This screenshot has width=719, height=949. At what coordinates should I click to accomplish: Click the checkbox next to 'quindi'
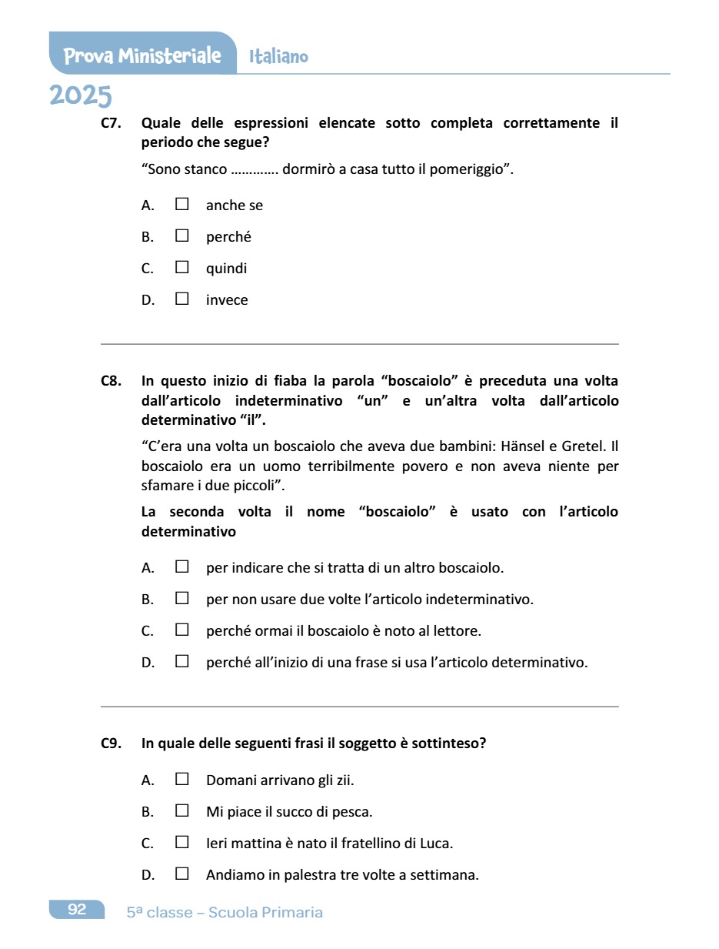(182, 268)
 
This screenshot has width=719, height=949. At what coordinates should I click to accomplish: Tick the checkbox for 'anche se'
(182, 205)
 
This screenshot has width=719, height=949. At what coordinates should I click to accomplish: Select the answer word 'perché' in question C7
(228, 237)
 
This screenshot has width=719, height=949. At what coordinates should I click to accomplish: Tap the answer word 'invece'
(227, 300)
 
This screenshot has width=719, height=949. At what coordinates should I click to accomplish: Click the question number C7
(112, 123)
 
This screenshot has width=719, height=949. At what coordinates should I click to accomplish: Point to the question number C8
(112, 381)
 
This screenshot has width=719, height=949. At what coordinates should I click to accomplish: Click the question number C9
(112, 743)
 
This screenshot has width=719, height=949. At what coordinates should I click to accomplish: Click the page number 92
(77, 910)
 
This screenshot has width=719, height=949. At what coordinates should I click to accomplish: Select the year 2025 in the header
(81, 96)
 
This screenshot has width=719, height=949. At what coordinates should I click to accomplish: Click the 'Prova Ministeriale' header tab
(142, 55)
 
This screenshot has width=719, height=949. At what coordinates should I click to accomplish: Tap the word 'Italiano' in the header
(278, 56)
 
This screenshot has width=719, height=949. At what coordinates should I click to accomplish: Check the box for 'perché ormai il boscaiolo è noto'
(182, 630)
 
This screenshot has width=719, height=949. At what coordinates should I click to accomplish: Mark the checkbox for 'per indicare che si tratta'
(182, 567)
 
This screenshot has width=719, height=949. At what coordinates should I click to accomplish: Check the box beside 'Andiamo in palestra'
(182, 874)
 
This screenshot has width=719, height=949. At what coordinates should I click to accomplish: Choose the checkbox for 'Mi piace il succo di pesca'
(182, 810)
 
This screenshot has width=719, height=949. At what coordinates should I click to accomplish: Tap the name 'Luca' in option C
(435, 843)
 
